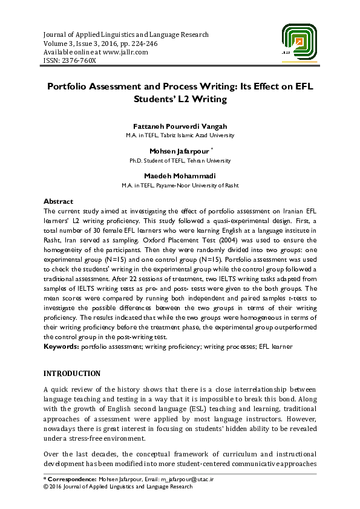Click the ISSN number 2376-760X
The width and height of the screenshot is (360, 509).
77,60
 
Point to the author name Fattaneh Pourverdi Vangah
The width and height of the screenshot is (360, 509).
180,126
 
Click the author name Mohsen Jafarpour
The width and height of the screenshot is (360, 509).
178,151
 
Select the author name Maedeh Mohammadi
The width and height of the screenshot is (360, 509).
180,177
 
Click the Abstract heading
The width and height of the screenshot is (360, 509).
59,201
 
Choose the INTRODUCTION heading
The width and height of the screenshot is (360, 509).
72,374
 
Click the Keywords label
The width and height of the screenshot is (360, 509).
62,346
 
